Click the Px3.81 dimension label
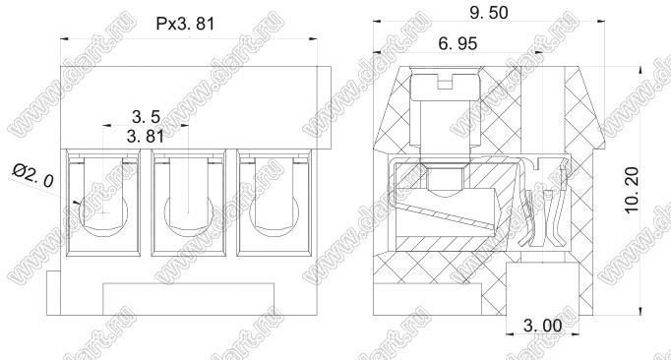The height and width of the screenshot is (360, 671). point(185,24)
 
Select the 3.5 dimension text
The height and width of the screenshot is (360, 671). point(146,116)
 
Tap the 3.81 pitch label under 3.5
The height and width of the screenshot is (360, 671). point(146,137)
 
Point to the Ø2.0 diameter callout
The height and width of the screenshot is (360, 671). point(32,176)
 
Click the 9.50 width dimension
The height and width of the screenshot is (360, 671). point(489,13)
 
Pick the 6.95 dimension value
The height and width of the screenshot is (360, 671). point(457,43)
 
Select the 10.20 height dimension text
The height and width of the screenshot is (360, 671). point(632,189)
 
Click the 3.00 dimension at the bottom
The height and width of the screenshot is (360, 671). point(543,326)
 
